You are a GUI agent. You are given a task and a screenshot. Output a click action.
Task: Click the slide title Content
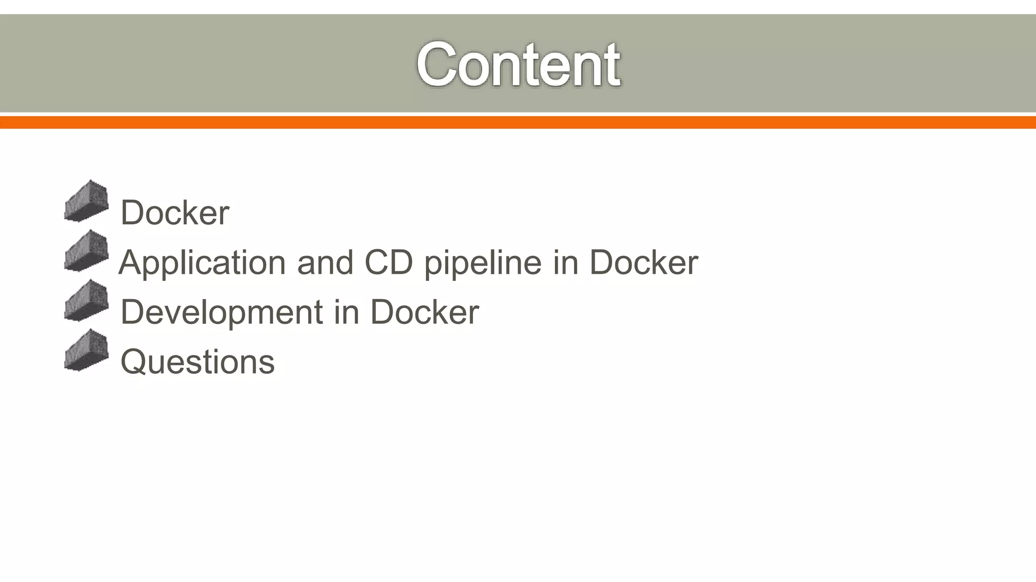518,65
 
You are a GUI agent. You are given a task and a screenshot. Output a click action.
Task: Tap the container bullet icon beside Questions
87,350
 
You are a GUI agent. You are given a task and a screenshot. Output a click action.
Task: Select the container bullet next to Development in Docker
87,301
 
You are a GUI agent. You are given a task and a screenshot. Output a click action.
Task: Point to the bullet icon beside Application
87,251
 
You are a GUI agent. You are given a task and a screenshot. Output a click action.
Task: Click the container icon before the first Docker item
87,201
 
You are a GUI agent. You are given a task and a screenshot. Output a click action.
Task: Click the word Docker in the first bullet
175,212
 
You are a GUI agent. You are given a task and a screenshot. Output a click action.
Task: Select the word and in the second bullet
325,263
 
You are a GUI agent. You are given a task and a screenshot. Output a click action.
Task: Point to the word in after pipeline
565,263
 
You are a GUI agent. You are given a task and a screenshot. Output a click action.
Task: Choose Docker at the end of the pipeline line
643,263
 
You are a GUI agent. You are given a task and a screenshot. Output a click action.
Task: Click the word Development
222,312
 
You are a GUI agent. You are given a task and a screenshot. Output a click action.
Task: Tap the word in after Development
347,312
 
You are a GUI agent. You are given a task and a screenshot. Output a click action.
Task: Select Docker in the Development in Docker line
424,312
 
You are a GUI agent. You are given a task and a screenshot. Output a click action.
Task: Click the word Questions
197,362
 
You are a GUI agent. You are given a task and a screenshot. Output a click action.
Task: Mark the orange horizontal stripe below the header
518,122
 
